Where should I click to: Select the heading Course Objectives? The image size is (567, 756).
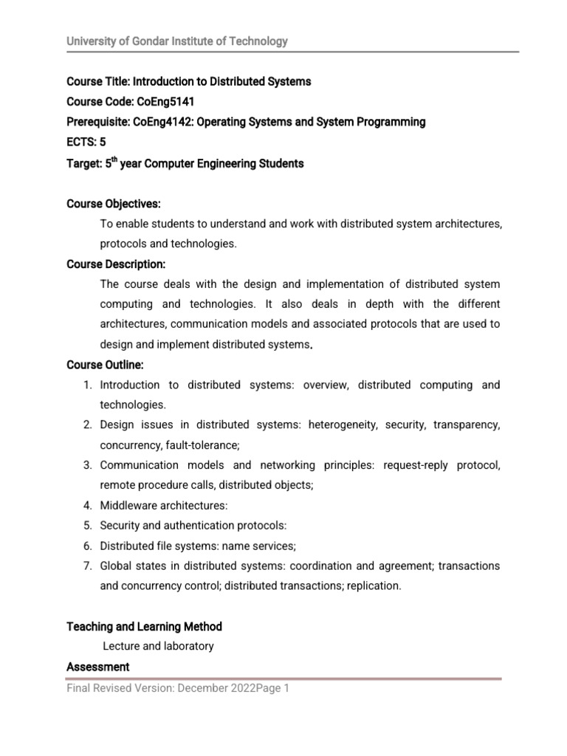coord(114,204)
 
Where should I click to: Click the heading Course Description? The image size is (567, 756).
coord(116,264)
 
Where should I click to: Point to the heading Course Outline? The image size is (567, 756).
coord(105,365)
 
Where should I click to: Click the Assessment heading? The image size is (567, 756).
coord(97,667)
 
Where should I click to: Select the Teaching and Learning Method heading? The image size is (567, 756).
coord(144,626)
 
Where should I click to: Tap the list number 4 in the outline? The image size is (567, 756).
coord(86,506)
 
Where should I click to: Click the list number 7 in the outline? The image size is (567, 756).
coord(86,566)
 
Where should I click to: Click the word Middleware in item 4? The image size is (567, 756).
coord(128,506)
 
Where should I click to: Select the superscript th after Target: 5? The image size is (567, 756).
coord(115,159)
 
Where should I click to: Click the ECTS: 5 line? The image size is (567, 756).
coord(86,142)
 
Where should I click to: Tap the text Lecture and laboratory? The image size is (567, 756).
coord(158,646)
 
